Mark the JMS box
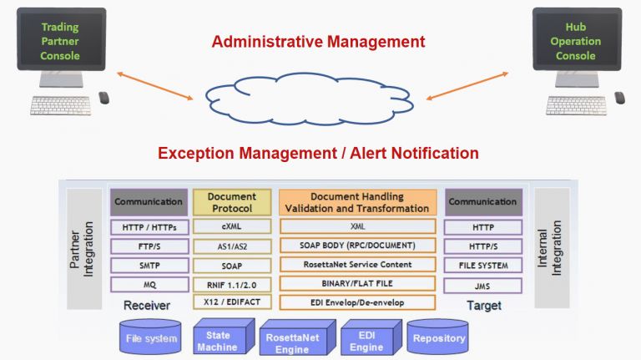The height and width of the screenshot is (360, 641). click(483, 284)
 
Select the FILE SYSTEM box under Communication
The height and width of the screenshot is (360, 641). click(483, 265)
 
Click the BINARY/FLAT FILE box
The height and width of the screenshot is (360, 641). click(357, 283)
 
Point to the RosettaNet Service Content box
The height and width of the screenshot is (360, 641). click(357, 264)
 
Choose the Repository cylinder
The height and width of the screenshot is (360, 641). click(440, 338)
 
